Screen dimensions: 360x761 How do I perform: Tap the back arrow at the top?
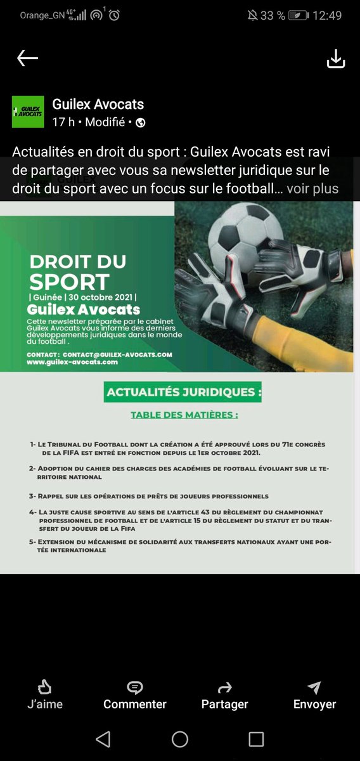click(x=27, y=58)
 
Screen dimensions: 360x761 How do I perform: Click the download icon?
click(x=335, y=58)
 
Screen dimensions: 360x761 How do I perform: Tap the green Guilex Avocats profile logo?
click(x=28, y=112)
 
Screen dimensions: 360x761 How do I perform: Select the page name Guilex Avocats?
click(x=98, y=105)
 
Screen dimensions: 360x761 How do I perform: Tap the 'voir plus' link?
click(x=312, y=188)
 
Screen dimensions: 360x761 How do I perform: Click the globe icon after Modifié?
click(x=141, y=123)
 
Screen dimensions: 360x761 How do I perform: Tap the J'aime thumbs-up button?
click(x=44, y=694)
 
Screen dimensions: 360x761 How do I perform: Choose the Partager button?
click(x=224, y=694)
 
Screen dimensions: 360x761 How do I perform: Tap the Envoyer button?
click(x=314, y=694)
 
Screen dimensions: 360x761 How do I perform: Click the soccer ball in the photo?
click(x=243, y=235)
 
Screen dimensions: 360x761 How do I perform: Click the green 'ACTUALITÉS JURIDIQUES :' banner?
click(x=183, y=392)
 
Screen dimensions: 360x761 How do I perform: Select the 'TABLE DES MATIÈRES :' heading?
click(x=184, y=415)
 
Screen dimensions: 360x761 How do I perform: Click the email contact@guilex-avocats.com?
click(x=117, y=354)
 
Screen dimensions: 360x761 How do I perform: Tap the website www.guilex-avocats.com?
click(x=72, y=362)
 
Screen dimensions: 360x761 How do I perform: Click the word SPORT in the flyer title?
click(x=69, y=283)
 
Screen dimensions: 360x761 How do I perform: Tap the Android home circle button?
click(x=180, y=739)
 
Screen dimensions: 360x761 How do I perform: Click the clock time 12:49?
click(x=327, y=15)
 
